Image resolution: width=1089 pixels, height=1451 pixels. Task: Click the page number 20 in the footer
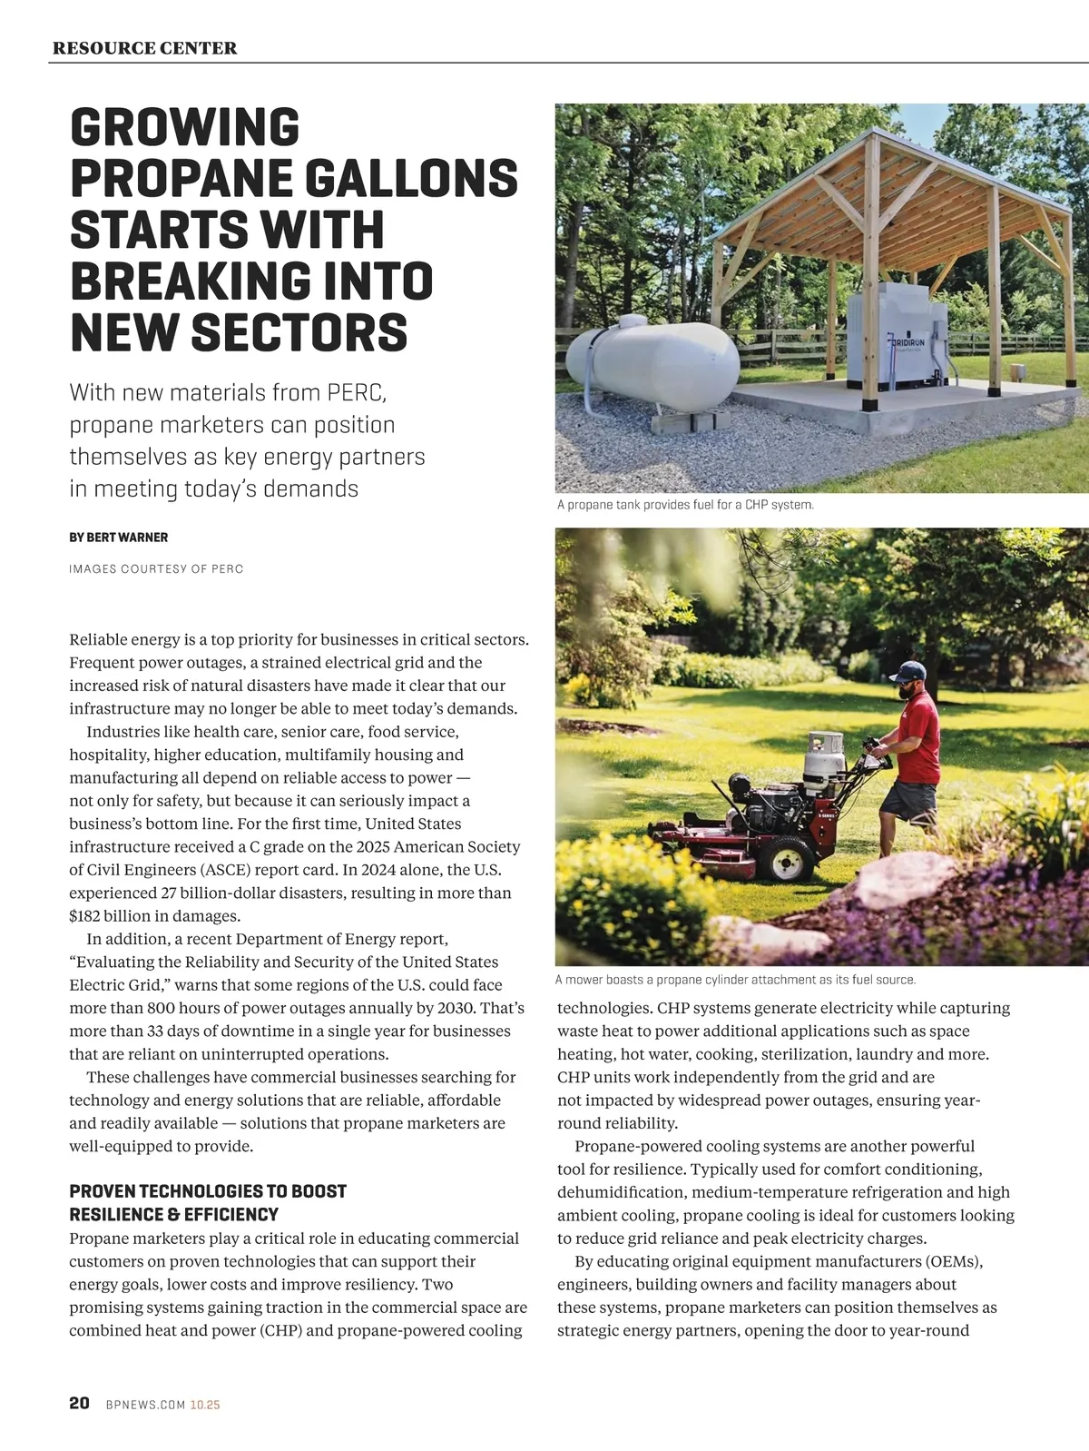click(79, 1403)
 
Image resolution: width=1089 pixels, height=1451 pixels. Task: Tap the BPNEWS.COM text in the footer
click(145, 1405)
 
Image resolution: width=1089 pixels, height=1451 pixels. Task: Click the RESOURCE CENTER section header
click(144, 48)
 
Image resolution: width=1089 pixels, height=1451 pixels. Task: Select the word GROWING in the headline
click(184, 127)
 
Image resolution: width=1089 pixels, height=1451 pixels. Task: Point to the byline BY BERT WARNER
click(118, 538)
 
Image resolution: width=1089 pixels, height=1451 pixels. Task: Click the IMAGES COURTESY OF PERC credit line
click(156, 569)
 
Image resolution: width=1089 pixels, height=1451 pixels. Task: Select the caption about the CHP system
click(685, 505)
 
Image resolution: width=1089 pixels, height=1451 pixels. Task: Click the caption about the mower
click(735, 981)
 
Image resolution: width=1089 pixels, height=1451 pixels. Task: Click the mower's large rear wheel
click(785, 857)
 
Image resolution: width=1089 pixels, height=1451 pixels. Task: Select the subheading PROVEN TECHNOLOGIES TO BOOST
click(208, 1191)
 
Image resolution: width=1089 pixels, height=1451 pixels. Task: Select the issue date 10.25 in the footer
click(205, 1405)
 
